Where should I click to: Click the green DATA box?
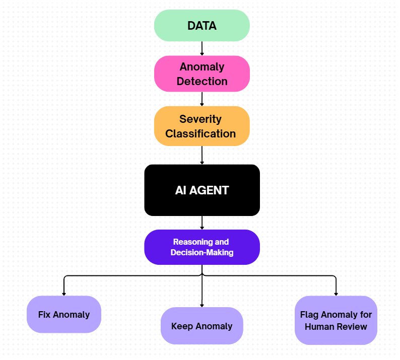[x=202, y=26]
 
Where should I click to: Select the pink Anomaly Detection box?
[x=202, y=74]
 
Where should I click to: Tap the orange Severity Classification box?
[x=202, y=126]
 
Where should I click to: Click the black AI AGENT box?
[x=202, y=190]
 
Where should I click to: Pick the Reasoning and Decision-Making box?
[x=202, y=247]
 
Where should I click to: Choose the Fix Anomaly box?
[x=64, y=314]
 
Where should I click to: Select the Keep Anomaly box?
[x=202, y=326]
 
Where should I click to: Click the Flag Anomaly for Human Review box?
[x=336, y=320]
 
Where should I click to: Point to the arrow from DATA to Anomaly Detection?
[x=202, y=48]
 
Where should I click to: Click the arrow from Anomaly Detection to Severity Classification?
[x=202, y=99]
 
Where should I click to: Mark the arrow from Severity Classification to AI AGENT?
[x=202, y=155]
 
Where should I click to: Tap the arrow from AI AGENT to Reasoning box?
[x=202, y=223]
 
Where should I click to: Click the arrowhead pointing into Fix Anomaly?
[x=64, y=293]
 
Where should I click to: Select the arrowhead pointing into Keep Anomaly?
[x=202, y=305]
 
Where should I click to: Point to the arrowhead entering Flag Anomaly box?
[x=336, y=293]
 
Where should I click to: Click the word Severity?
[x=201, y=119]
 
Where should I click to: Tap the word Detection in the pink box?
[x=202, y=81]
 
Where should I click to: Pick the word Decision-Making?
[x=202, y=252]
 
